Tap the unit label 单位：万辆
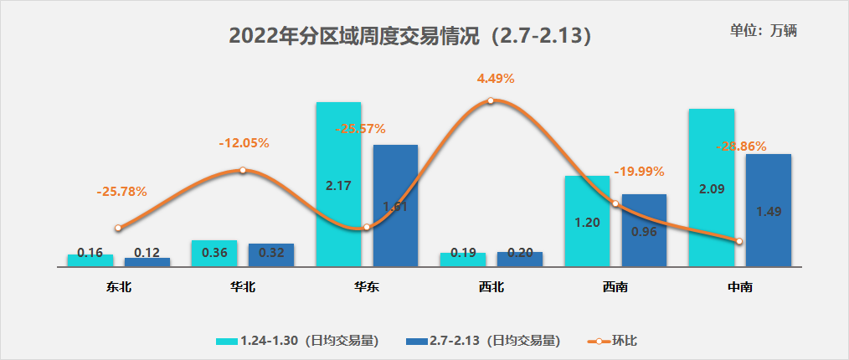click(763, 30)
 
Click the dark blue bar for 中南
click(768, 209)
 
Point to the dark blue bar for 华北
click(271, 255)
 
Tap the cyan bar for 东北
click(90, 260)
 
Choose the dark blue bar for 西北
click(520, 259)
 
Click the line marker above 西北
click(491, 100)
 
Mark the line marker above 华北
click(242, 170)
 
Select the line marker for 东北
click(118, 228)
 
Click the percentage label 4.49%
click(496, 79)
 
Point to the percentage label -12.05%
click(244, 143)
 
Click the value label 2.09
click(711, 189)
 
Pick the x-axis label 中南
click(739, 287)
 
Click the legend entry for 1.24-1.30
click(298, 341)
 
